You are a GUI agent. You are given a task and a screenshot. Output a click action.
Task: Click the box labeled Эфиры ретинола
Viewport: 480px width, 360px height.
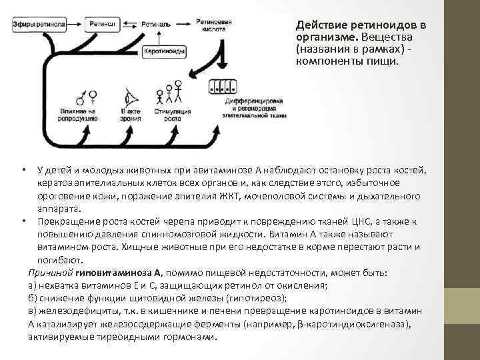coord(39,25)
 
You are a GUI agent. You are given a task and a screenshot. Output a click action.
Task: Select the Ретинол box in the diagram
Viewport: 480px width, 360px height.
coord(102,25)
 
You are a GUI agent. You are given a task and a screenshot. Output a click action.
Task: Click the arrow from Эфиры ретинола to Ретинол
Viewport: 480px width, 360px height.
coord(75,25)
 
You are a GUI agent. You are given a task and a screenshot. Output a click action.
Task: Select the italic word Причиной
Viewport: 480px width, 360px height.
coord(50,273)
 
